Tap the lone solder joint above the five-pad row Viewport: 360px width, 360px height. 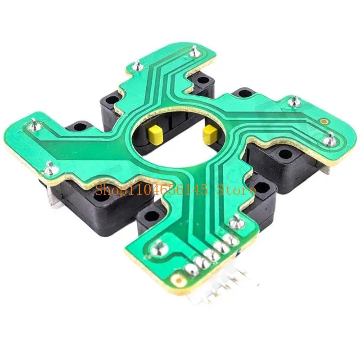[234, 221]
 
